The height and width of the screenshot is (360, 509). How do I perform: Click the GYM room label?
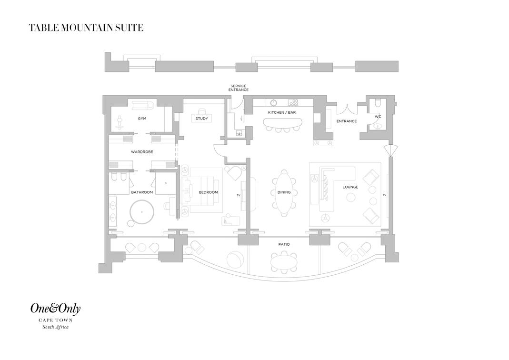pos(142,119)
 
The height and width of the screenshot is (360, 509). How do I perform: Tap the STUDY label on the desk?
pos(201,119)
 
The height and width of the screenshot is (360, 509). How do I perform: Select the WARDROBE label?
pos(142,151)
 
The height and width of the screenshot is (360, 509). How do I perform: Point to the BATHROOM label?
pos(142,192)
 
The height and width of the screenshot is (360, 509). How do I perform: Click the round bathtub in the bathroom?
pos(142,212)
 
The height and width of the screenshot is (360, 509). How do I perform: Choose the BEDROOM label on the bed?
pos(208,192)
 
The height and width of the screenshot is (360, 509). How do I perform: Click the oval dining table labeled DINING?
pos(284,192)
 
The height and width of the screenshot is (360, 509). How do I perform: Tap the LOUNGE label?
pos(350,187)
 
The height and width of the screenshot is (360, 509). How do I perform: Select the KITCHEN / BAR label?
pos(282,112)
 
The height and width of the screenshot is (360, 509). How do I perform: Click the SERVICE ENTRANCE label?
pos(238,88)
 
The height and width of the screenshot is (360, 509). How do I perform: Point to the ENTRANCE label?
pos(346,121)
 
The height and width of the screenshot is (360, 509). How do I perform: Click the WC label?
pos(378,117)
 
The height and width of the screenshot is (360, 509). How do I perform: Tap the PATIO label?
pos(284,244)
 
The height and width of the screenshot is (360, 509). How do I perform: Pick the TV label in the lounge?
pos(384,195)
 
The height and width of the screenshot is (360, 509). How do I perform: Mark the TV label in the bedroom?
pos(238,195)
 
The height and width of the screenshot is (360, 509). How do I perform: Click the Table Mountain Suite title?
pos(86,28)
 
